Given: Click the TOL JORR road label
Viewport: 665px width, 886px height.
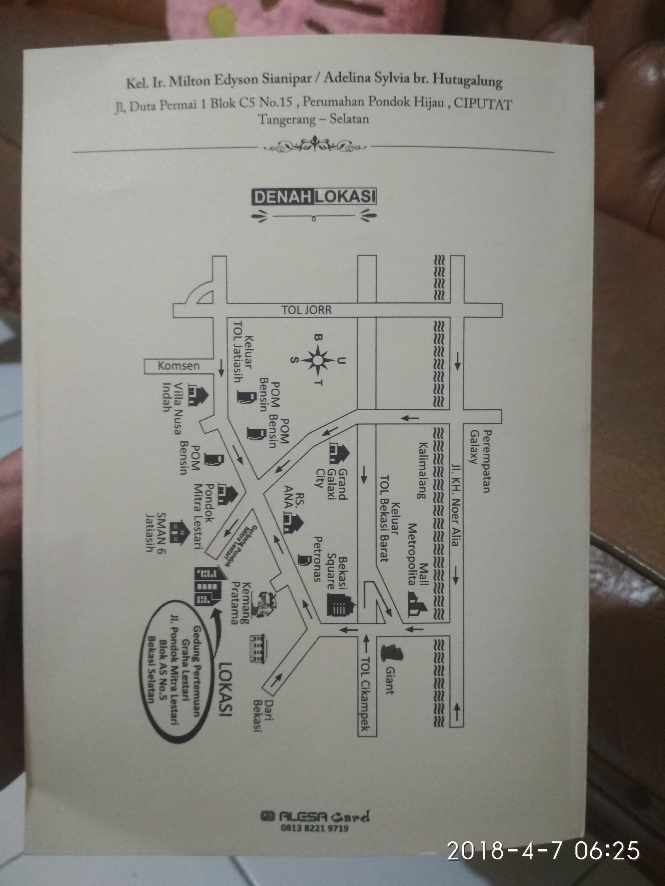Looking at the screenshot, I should (307, 310).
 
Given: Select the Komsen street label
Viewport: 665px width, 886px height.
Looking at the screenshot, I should (179, 366).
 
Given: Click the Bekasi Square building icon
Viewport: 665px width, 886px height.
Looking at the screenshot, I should (341, 608).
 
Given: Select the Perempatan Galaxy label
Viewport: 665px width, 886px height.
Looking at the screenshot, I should (481, 461).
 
